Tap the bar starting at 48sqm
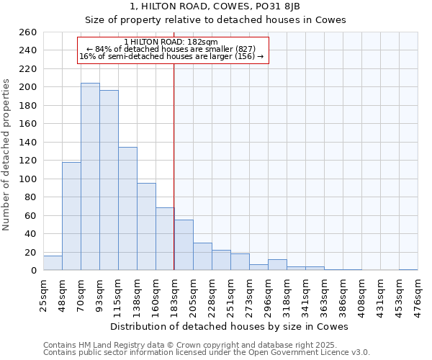tap(71, 216)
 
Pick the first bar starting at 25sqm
tap(53, 264)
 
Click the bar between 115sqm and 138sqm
tap(127, 209)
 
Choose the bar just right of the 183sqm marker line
tap(184, 245)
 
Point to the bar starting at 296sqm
tap(277, 265)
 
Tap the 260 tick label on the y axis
tap(27, 32)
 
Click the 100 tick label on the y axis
tap(27, 179)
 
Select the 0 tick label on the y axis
tap(33, 271)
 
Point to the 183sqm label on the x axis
tap(174, 293)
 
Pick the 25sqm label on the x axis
tap(43, 293)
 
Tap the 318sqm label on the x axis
tap(287, 293)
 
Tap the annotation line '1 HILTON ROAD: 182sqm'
tap(171, 42)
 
